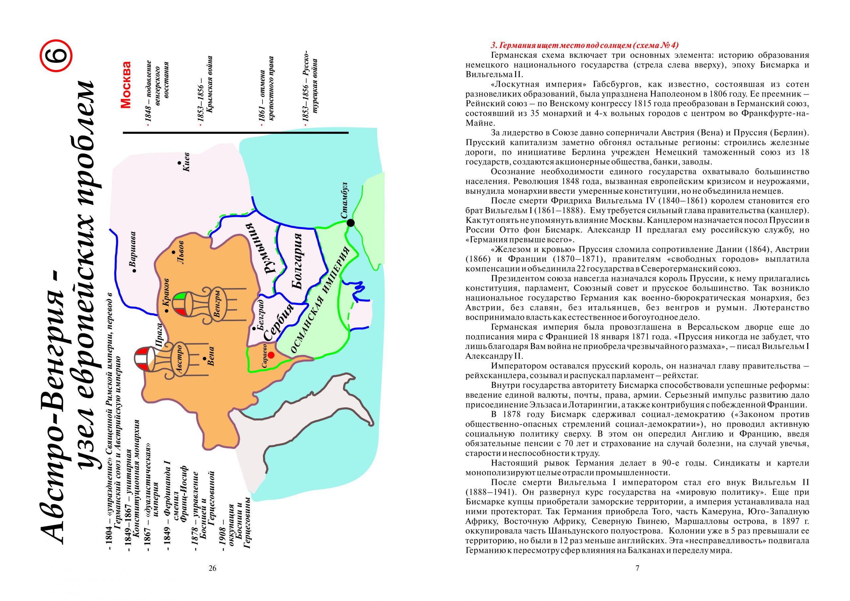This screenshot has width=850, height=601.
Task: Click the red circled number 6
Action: [x=55, y=57]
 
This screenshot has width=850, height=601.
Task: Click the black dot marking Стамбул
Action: [x=350, y=222]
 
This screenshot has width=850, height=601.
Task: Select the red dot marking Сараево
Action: [x=271, y=355]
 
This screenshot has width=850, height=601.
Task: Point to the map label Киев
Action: [x=186, y=162]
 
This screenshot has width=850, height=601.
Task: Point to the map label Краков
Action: [x=165, y=292]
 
